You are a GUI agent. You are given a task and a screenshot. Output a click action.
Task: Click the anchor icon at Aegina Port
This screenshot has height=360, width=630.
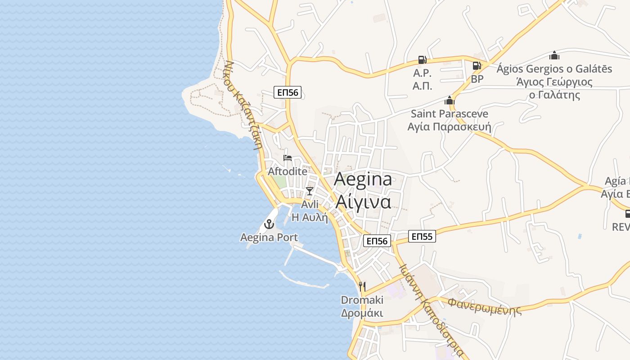tap(269, 224)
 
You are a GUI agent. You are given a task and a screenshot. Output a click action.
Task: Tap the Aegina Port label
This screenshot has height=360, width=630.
tap(269, 237)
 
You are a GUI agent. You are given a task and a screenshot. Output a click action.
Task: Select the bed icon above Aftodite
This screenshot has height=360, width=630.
tap(288, 158)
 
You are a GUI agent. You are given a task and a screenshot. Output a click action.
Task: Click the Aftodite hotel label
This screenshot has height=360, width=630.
tap(288, 171)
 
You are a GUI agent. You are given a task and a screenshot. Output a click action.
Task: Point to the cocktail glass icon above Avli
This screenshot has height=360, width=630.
tap(310, 191)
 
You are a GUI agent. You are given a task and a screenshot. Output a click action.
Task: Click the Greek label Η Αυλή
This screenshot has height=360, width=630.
tap(310, 217)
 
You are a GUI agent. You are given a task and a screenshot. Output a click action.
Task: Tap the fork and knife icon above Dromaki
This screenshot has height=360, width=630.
tap(362, 286)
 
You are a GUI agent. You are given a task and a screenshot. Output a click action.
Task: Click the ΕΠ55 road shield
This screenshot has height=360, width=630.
tap(422, 236)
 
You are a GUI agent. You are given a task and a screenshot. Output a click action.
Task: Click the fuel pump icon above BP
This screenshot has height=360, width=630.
tap(477, 66)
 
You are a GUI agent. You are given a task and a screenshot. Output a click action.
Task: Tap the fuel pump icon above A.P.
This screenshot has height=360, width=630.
tap(422, 59)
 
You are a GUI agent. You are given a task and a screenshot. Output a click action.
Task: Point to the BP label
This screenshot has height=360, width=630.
tap(477, 79)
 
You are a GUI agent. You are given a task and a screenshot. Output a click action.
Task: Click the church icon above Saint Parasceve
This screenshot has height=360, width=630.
tap(450, 100)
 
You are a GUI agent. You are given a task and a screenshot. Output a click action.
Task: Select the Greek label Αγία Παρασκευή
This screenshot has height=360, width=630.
tap(449, 127)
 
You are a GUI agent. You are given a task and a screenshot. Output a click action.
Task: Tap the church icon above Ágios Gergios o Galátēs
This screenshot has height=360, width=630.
tap(554, 55)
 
